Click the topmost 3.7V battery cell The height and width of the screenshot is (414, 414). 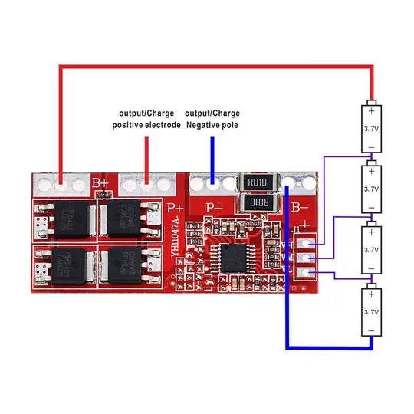tap(371, 127)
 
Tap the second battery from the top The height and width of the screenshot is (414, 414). tap(371, 189)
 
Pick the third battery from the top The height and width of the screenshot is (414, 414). tap(371, 250)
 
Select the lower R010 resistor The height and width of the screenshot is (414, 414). tap(257, 203)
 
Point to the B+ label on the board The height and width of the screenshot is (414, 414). tap(100, 183)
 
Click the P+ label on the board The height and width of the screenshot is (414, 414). tap(175, 205)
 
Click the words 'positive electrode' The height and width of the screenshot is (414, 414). tap(146, 125)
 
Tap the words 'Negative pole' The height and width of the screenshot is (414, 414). tap(212, 125)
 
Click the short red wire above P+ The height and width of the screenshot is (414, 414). tap(146, 158)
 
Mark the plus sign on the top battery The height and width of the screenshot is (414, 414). tap(371, 110)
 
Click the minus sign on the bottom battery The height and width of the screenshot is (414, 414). tap(371, 330)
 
